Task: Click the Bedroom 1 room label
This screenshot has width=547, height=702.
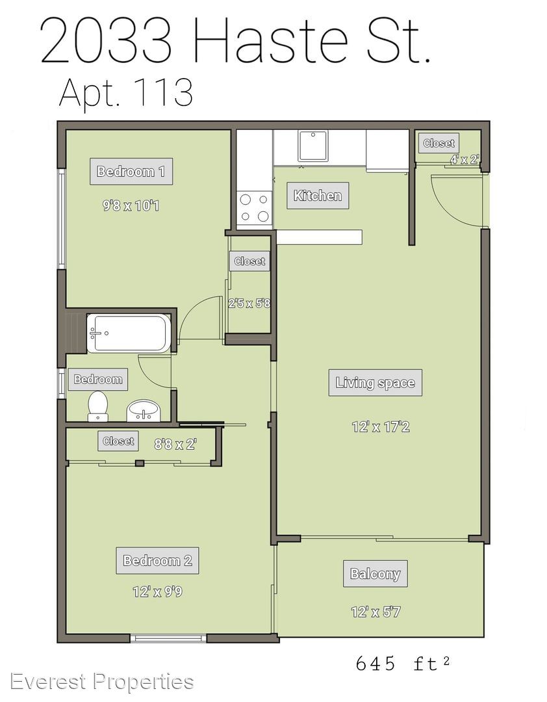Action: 131,172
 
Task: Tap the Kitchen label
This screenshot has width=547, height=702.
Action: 318,196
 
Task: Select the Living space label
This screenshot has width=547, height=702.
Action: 375,383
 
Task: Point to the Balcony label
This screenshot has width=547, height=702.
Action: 375,573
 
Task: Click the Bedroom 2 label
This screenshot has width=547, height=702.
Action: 158,560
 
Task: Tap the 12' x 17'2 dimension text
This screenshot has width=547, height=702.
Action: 381,426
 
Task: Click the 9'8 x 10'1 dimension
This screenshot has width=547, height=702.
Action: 131,206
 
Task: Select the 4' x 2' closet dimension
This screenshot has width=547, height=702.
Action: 464,159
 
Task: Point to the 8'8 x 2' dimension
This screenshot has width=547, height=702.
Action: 175,444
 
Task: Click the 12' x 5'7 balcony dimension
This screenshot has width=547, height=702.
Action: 375,612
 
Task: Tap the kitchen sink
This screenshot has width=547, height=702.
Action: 313,146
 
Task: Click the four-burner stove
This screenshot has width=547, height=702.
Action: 255,208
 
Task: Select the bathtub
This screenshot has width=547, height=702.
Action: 129,333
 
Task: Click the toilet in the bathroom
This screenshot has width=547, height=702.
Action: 97,406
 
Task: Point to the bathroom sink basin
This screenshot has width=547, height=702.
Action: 143,411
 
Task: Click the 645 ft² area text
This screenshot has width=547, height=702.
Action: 403,663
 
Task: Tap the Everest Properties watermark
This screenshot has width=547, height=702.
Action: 102,682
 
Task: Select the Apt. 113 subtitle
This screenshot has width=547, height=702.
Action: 126,93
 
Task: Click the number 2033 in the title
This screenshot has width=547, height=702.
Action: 107,40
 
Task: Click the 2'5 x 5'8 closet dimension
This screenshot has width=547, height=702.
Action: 249,304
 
